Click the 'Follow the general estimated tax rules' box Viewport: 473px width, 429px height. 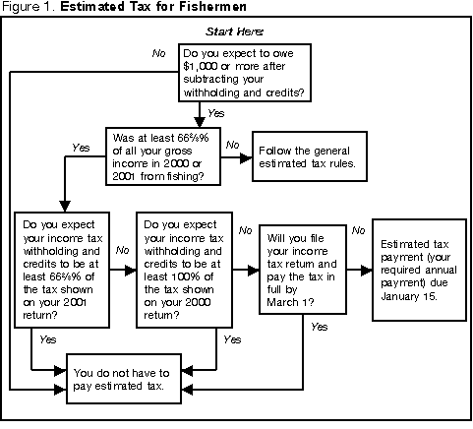point(311,157)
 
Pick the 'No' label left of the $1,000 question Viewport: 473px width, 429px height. point(157,51)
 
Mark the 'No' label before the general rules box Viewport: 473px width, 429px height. point(233,145)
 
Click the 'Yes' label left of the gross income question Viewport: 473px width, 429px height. point(83,147)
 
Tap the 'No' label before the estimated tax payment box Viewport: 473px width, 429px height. point(358,230)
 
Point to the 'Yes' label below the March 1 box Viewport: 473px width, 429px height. point(319,326)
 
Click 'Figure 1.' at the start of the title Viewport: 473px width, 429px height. point(25,9)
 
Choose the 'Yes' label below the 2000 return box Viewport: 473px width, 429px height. point(232,338)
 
